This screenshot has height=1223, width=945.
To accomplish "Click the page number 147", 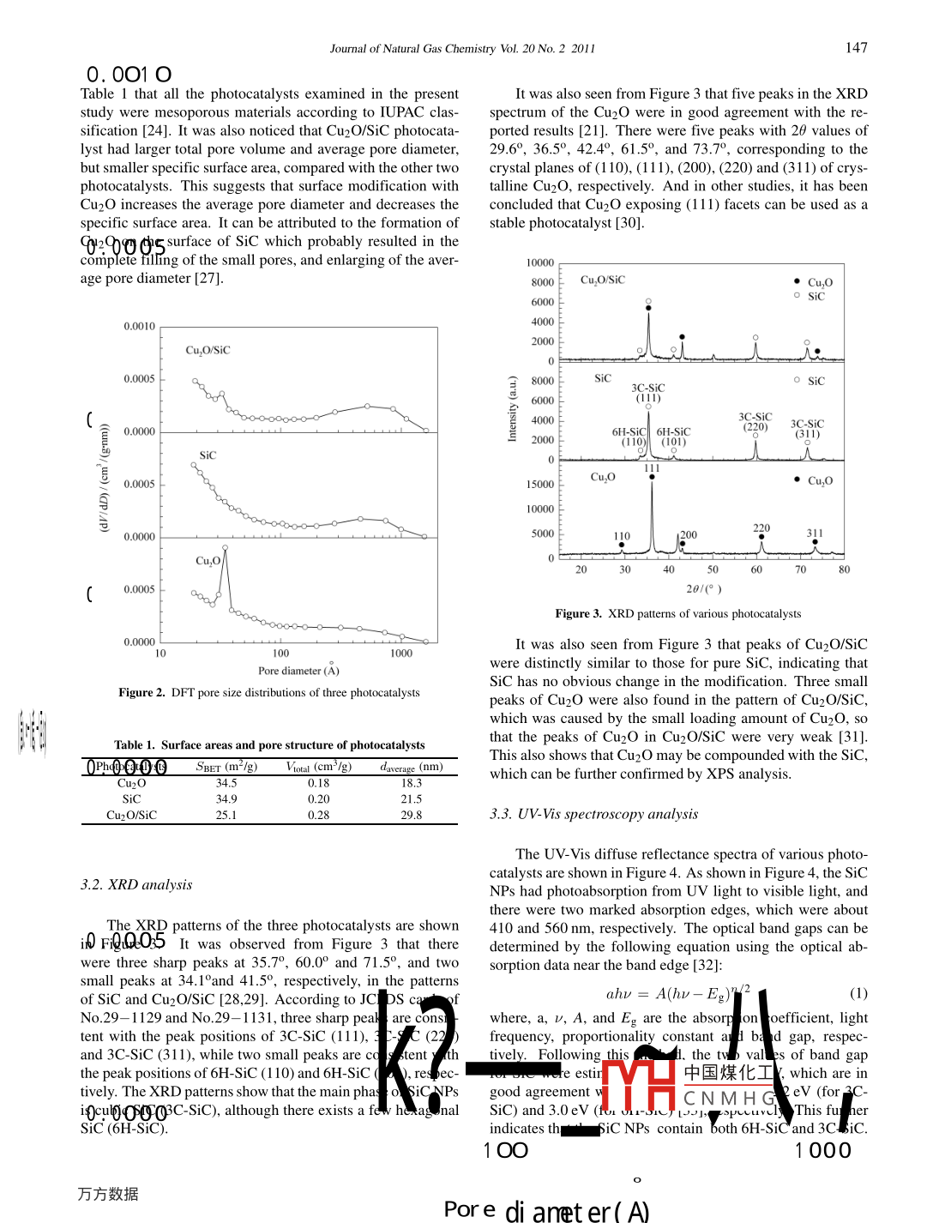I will pos(856,48).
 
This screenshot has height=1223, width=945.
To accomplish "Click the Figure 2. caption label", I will pos(141,693).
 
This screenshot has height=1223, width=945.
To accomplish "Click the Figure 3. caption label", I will pos(578,614).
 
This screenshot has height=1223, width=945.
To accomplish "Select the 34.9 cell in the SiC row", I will pos(226,799).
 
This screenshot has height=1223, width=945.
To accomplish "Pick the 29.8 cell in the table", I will pos(412,816).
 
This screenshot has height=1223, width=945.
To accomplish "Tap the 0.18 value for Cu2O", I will pos(319,783).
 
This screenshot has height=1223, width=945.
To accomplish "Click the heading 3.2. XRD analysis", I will pos(136,885).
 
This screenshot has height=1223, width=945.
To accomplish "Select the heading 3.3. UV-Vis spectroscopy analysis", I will pos(593,814).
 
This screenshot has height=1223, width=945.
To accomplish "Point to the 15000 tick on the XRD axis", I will pos(540,485).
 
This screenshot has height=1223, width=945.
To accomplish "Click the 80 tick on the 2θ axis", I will pos(844,569).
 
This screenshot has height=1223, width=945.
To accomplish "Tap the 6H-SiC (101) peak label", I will pos(673,437).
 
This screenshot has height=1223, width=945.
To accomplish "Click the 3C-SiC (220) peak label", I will pos(755,422).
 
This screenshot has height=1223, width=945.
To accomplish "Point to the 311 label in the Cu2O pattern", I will pos(815,533).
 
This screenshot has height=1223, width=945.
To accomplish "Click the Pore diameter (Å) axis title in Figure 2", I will pos(298,671).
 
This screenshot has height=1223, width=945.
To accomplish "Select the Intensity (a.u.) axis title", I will pos(513,408).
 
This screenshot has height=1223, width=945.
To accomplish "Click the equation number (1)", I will pos(858,993).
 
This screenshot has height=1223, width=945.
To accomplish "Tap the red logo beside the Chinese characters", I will pos(638,1086).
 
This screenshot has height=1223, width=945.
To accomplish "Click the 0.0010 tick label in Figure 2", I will pos(139,327).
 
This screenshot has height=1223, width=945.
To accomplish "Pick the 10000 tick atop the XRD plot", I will pos(540,263).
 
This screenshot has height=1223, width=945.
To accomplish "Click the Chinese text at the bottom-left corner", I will pos(108,1194).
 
